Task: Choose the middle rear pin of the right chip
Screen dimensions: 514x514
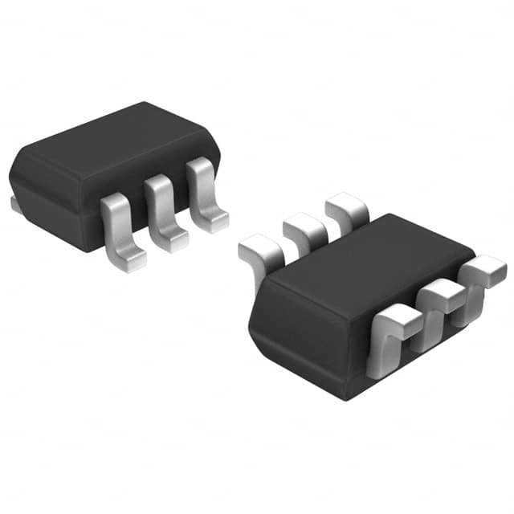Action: tap(304, 230)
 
